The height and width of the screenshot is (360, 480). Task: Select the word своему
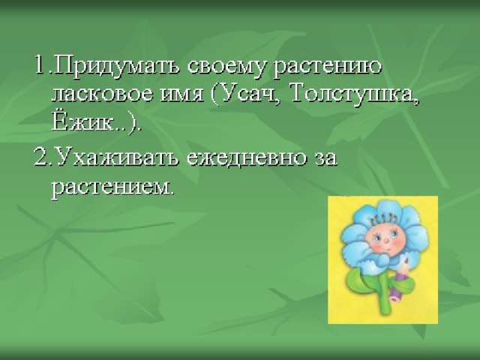pyautogui.click(x=225, y=68)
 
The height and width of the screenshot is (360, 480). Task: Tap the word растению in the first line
pyautogui.click(x=327, y=68)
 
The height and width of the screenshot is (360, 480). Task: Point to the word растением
pyautogui.click(x=112, y=187)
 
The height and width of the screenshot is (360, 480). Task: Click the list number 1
pyautogui.click(x=42, y=65)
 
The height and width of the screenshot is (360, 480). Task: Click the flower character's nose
pyautogui.click(x=387, y=240)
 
